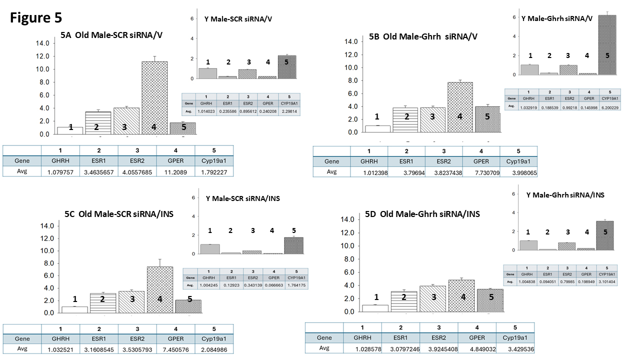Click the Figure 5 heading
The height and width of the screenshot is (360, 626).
36,18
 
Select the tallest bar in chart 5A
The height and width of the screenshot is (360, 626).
154,98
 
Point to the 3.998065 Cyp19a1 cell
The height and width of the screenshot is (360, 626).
518,171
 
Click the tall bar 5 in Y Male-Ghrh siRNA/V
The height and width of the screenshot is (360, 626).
607,45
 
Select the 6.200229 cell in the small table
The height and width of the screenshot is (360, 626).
606,106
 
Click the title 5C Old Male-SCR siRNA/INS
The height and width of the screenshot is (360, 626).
119,214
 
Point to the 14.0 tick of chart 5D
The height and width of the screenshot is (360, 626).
347,219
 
